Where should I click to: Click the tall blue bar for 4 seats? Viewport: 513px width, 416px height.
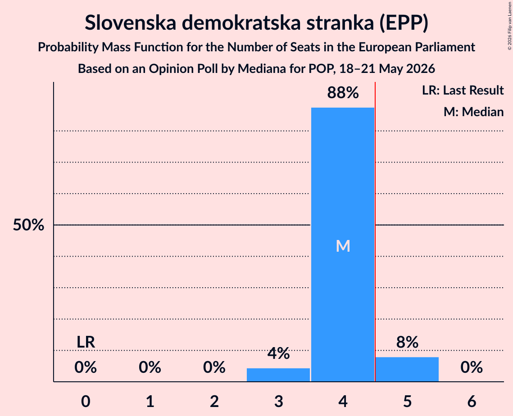click(x=343, y=244)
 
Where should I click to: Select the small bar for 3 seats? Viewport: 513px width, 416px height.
click(x=278, y=375)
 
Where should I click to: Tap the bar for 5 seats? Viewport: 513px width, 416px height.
click(x=407, y=369)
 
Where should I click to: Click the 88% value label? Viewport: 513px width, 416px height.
click(x=343, y=93)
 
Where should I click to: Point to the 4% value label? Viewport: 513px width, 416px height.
click(x=278, y=353)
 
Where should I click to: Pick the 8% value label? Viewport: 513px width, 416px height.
click(x=407, y=342)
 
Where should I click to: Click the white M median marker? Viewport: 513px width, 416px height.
click(x=343, y=246)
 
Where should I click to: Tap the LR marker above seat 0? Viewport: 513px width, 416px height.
click(x=86, y=342)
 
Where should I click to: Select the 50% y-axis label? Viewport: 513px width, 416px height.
click(x=28, y=225)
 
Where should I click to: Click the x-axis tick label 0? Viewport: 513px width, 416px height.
click(x=86, y=401)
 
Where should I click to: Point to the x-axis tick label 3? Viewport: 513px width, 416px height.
click(x=278, y=401)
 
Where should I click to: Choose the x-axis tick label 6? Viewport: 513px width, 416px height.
click(x=472, y=401)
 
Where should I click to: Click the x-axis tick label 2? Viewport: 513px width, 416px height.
click(x=214, y=401)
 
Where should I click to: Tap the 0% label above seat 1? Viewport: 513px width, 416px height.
click(x=150, y=367)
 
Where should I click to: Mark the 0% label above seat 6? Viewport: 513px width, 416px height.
click(x=472, y=367)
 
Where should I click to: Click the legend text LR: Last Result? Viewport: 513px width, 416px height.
click(x=463, y=90)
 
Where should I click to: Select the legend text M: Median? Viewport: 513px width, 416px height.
click(x=473, y=112)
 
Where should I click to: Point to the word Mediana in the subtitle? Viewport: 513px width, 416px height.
click(x=260, y=69)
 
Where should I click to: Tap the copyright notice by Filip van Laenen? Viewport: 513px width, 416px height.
click(x=509, y=26)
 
